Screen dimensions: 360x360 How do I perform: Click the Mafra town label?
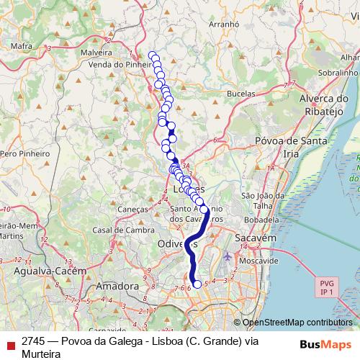(23, 46)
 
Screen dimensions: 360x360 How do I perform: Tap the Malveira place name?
(96, 52)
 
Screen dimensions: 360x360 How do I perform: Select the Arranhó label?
(223, 24)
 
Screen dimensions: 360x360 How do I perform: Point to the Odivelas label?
(174, 244)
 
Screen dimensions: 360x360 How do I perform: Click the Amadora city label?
(117, 286)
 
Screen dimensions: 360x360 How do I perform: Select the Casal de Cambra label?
(122, 230)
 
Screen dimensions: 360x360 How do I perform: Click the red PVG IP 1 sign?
(326, 287)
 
